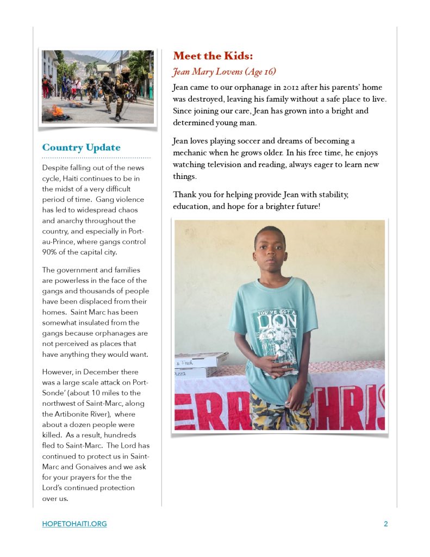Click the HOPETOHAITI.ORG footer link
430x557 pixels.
[74, 524]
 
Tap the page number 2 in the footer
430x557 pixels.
[385, 524]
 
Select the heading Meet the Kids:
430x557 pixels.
[213, 55]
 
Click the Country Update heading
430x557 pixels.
[81, 147]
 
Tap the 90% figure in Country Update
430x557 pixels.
[50, 252]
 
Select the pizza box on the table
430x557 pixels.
[201, 360]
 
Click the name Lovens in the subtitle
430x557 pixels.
[228, 71]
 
